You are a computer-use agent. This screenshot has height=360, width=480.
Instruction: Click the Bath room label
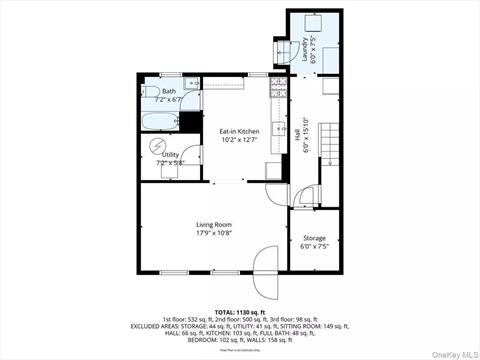pos(155,91)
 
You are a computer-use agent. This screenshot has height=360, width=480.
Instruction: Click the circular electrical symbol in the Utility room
pos(158,145)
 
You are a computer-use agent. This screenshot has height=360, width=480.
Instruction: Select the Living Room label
pos(214,225)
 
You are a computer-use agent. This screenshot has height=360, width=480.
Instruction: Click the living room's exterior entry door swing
pos(265,272)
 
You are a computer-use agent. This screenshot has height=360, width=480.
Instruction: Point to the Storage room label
pos(314,238)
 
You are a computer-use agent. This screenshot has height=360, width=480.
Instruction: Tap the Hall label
pos(297,131)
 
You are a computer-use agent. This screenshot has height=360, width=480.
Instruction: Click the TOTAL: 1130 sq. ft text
pos(239,311)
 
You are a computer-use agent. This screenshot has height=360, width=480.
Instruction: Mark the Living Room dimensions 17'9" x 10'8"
pos(214,234)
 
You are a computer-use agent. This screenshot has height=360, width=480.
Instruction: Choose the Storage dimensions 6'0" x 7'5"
pos(314,246)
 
